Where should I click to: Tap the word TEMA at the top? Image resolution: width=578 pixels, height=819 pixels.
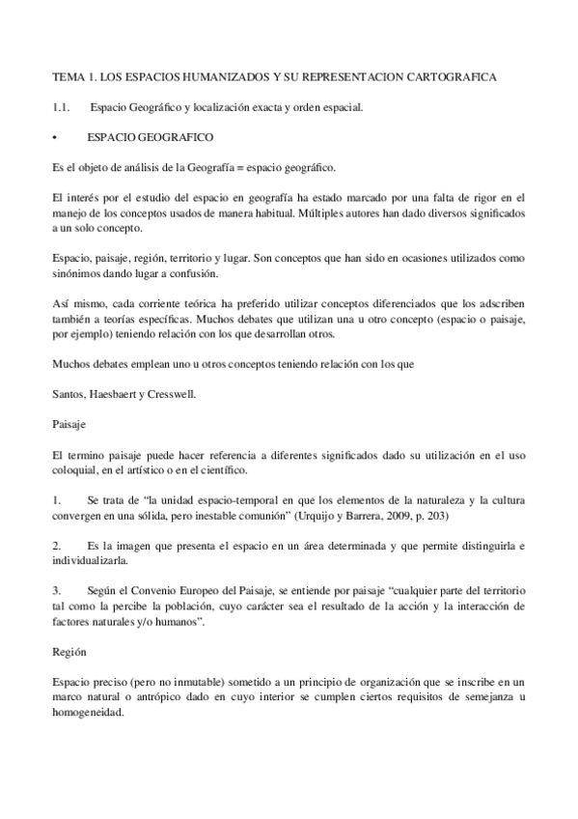69,75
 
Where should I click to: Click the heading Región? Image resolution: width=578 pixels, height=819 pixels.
69,653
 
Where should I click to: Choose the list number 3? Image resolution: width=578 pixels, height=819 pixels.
57,591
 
